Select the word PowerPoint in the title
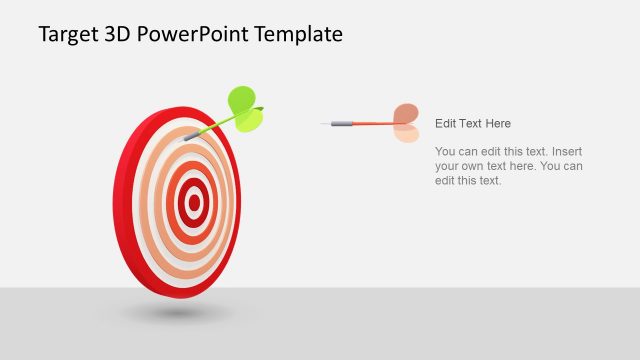[x=202, y=34]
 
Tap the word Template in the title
[x=298, y=34]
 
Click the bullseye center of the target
[x=194, y=204]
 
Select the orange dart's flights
[x=405, y=123]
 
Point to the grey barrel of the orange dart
[x=342, y=124]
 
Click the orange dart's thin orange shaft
[x=372, y=124]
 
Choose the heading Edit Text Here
[x=473, y=123]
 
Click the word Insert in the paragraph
[x=563, y=151]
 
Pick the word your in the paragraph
[x=448, y=166]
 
